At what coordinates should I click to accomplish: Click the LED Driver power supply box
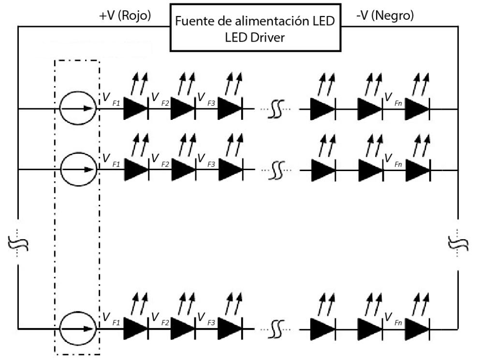pyautogui.click(x=255, y=28)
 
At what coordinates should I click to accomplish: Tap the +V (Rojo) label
pyautogui.click(x=125, y=16)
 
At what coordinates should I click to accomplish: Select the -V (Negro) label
pyautogui.click(x=385, y=16)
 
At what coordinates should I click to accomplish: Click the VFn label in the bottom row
pyautogui.click(x=393, y=319)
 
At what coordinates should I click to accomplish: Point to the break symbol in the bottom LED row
pyautogui.click(x=277, y=329)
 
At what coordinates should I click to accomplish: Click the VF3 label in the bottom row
pyautogui.click(x=206, y=319)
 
